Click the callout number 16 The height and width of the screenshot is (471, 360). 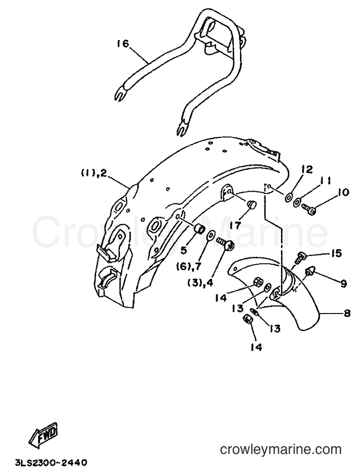point(122,43)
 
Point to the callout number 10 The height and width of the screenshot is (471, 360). point(341,192)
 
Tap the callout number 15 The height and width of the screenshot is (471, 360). point(336,254)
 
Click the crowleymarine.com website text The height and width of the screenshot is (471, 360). point(281,450)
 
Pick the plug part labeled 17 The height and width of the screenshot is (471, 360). point(251,205)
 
